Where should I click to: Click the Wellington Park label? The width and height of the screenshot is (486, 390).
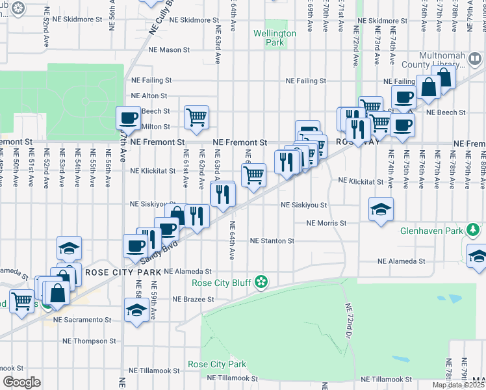point(274,38)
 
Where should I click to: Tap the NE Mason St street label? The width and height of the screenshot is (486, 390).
point(168,49)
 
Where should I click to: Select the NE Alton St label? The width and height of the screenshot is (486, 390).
point(149,96)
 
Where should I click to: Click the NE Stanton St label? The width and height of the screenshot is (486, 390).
point(273,240)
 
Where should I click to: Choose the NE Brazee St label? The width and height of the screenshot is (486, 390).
point(193,300)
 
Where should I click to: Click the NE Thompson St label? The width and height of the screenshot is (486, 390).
point(89,341)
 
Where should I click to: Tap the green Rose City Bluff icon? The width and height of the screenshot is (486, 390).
point(261,282)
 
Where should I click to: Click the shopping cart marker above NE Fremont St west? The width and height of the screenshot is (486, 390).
point(196,117)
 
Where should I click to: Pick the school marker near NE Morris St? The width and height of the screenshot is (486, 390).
point(381,209)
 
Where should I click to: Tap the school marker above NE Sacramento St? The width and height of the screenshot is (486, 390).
point(136,310)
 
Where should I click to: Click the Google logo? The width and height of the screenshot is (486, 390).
point(21,382)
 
